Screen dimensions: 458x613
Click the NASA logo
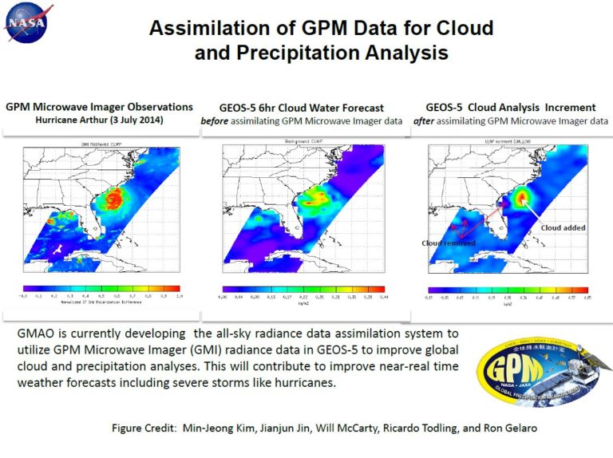(27, 23)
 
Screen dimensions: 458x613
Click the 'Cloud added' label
(563, 227)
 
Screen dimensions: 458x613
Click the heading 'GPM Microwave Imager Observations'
(99, 106)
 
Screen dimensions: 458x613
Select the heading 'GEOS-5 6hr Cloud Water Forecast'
(303, 107)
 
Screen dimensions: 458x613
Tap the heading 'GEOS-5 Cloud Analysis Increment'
(511, 107)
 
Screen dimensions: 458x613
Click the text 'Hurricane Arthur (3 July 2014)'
(99, 120)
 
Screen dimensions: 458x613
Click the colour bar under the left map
(101, 288)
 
